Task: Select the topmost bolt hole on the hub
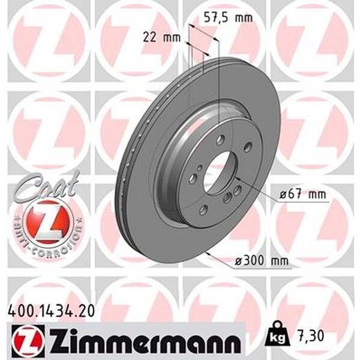pos(221,139)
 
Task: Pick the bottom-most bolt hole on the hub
pos(203,208)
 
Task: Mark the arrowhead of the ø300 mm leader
pos(205,253)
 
